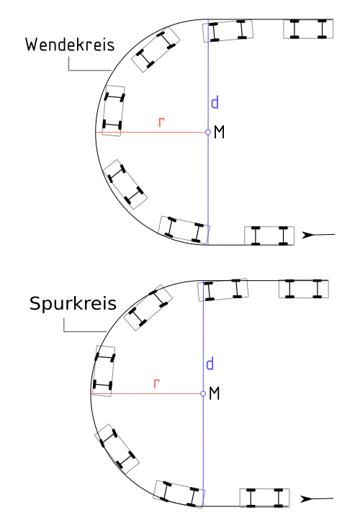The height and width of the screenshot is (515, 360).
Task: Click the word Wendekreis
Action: (70, 45)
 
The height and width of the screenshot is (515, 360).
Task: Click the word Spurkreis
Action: (73, 303)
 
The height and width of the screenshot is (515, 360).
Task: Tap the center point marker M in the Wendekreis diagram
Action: (208, 132)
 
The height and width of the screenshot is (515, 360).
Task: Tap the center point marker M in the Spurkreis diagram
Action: (203, 393)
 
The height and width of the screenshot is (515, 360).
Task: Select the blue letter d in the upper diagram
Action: (215, 102)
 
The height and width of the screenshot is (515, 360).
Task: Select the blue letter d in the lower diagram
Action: (210, 364)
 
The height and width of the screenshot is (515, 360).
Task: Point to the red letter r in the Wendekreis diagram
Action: (161, 122)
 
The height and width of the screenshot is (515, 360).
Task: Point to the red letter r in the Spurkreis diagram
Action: (156, 383)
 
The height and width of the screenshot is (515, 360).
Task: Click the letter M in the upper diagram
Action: (219, 133)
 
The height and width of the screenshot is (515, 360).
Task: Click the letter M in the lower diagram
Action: (215, 393)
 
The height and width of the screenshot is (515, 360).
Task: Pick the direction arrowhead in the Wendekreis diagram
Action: (309, 235)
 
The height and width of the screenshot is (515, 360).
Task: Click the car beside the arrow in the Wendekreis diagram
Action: (269, 236)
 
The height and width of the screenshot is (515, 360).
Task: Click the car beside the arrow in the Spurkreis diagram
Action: (264, 498)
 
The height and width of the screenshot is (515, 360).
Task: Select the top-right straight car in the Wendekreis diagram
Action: (308, 29)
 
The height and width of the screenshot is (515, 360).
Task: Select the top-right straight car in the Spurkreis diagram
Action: (304, 289)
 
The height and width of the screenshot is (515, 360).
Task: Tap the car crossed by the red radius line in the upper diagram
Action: (113, 111)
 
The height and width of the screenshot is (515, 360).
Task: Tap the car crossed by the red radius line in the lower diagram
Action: (104, 371)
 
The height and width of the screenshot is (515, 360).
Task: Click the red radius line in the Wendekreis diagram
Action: (152, 132)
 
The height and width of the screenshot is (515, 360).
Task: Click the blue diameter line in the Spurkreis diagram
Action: (203, 393)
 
